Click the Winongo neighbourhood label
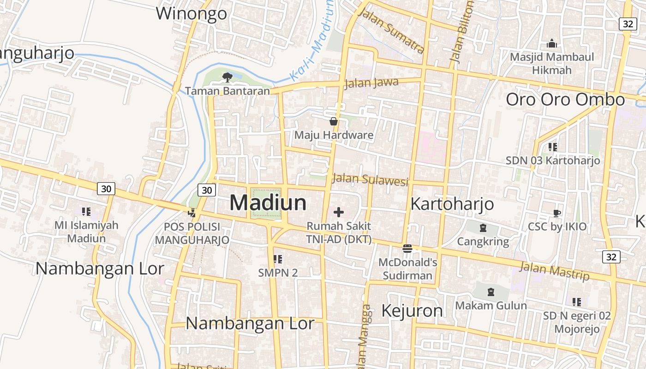pyautogui.click(x=191, y=13)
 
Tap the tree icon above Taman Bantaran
pyautogui.click(x=227, y=77)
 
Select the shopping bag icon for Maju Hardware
pyautogui.click(x=334, y=122)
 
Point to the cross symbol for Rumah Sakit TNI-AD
pyautogui.click(x=339, y=212)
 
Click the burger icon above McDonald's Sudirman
pyautogui.click(x=407, y=249)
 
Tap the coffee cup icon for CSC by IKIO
pyautogui.click(x=557, y=213)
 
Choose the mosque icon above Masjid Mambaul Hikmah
pyautogui.click(x=551, y=44)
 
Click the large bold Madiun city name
pyautogui.click(x=268, y=203)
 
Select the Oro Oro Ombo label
pyautogui.click(x=565, y=100)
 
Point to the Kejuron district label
pyautogui.click(x=412, y=311)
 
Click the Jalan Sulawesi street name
pyautogui.click(x=371, y=179)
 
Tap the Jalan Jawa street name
pyautogui.click(x=371, y=83)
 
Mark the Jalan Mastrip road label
pyautogui.click(x=555, y=271)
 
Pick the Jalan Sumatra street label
pyautogui.click(x=391, y=31)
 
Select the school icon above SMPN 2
pyautogui.click(x=277, y=259)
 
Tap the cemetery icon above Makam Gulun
pyautogui.click(x=490, y=292)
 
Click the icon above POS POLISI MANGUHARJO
pyautogui.click(x=191, y=213)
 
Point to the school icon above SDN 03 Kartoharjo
pyautogui.click(x=552, y=147)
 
